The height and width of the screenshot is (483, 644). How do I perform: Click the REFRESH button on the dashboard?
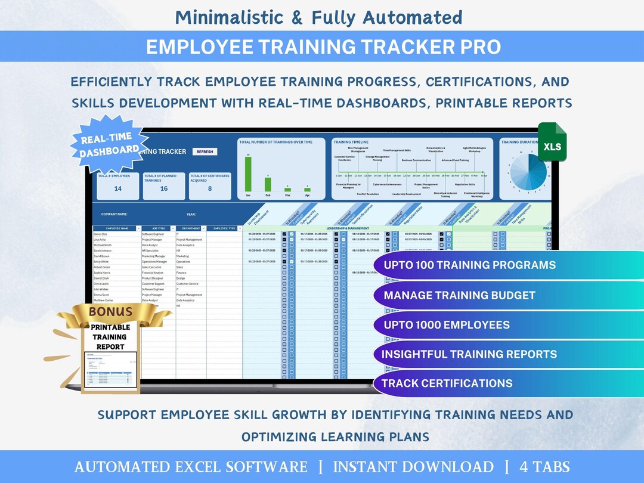(205, 151)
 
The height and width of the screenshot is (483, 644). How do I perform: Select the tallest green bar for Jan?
(248, 174)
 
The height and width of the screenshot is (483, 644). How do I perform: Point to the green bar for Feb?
(268, 184)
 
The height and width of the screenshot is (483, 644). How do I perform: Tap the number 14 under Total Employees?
(118, 188)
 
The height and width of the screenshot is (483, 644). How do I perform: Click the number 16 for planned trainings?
(164, 188)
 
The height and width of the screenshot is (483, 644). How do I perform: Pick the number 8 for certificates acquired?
(209, 188)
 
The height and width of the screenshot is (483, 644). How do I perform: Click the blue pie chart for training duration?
(528, 173)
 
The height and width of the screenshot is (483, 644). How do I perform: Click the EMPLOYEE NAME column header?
(117, 228)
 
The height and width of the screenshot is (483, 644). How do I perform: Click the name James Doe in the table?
(101, 234)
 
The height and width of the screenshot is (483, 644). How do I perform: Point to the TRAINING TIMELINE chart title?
(351, 143)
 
